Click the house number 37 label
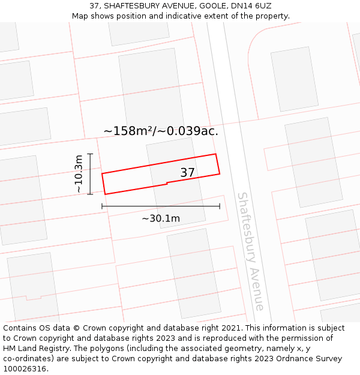187,173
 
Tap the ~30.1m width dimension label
161,218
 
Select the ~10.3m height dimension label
79,174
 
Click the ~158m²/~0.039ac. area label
161,131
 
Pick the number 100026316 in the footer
25,368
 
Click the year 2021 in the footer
230,328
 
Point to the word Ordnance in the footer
287,359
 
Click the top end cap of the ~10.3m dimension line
90,154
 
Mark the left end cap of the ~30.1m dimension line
102,206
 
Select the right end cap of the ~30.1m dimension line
220,206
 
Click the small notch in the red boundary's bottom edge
167,183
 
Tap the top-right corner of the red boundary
215,154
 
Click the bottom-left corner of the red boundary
106,194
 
